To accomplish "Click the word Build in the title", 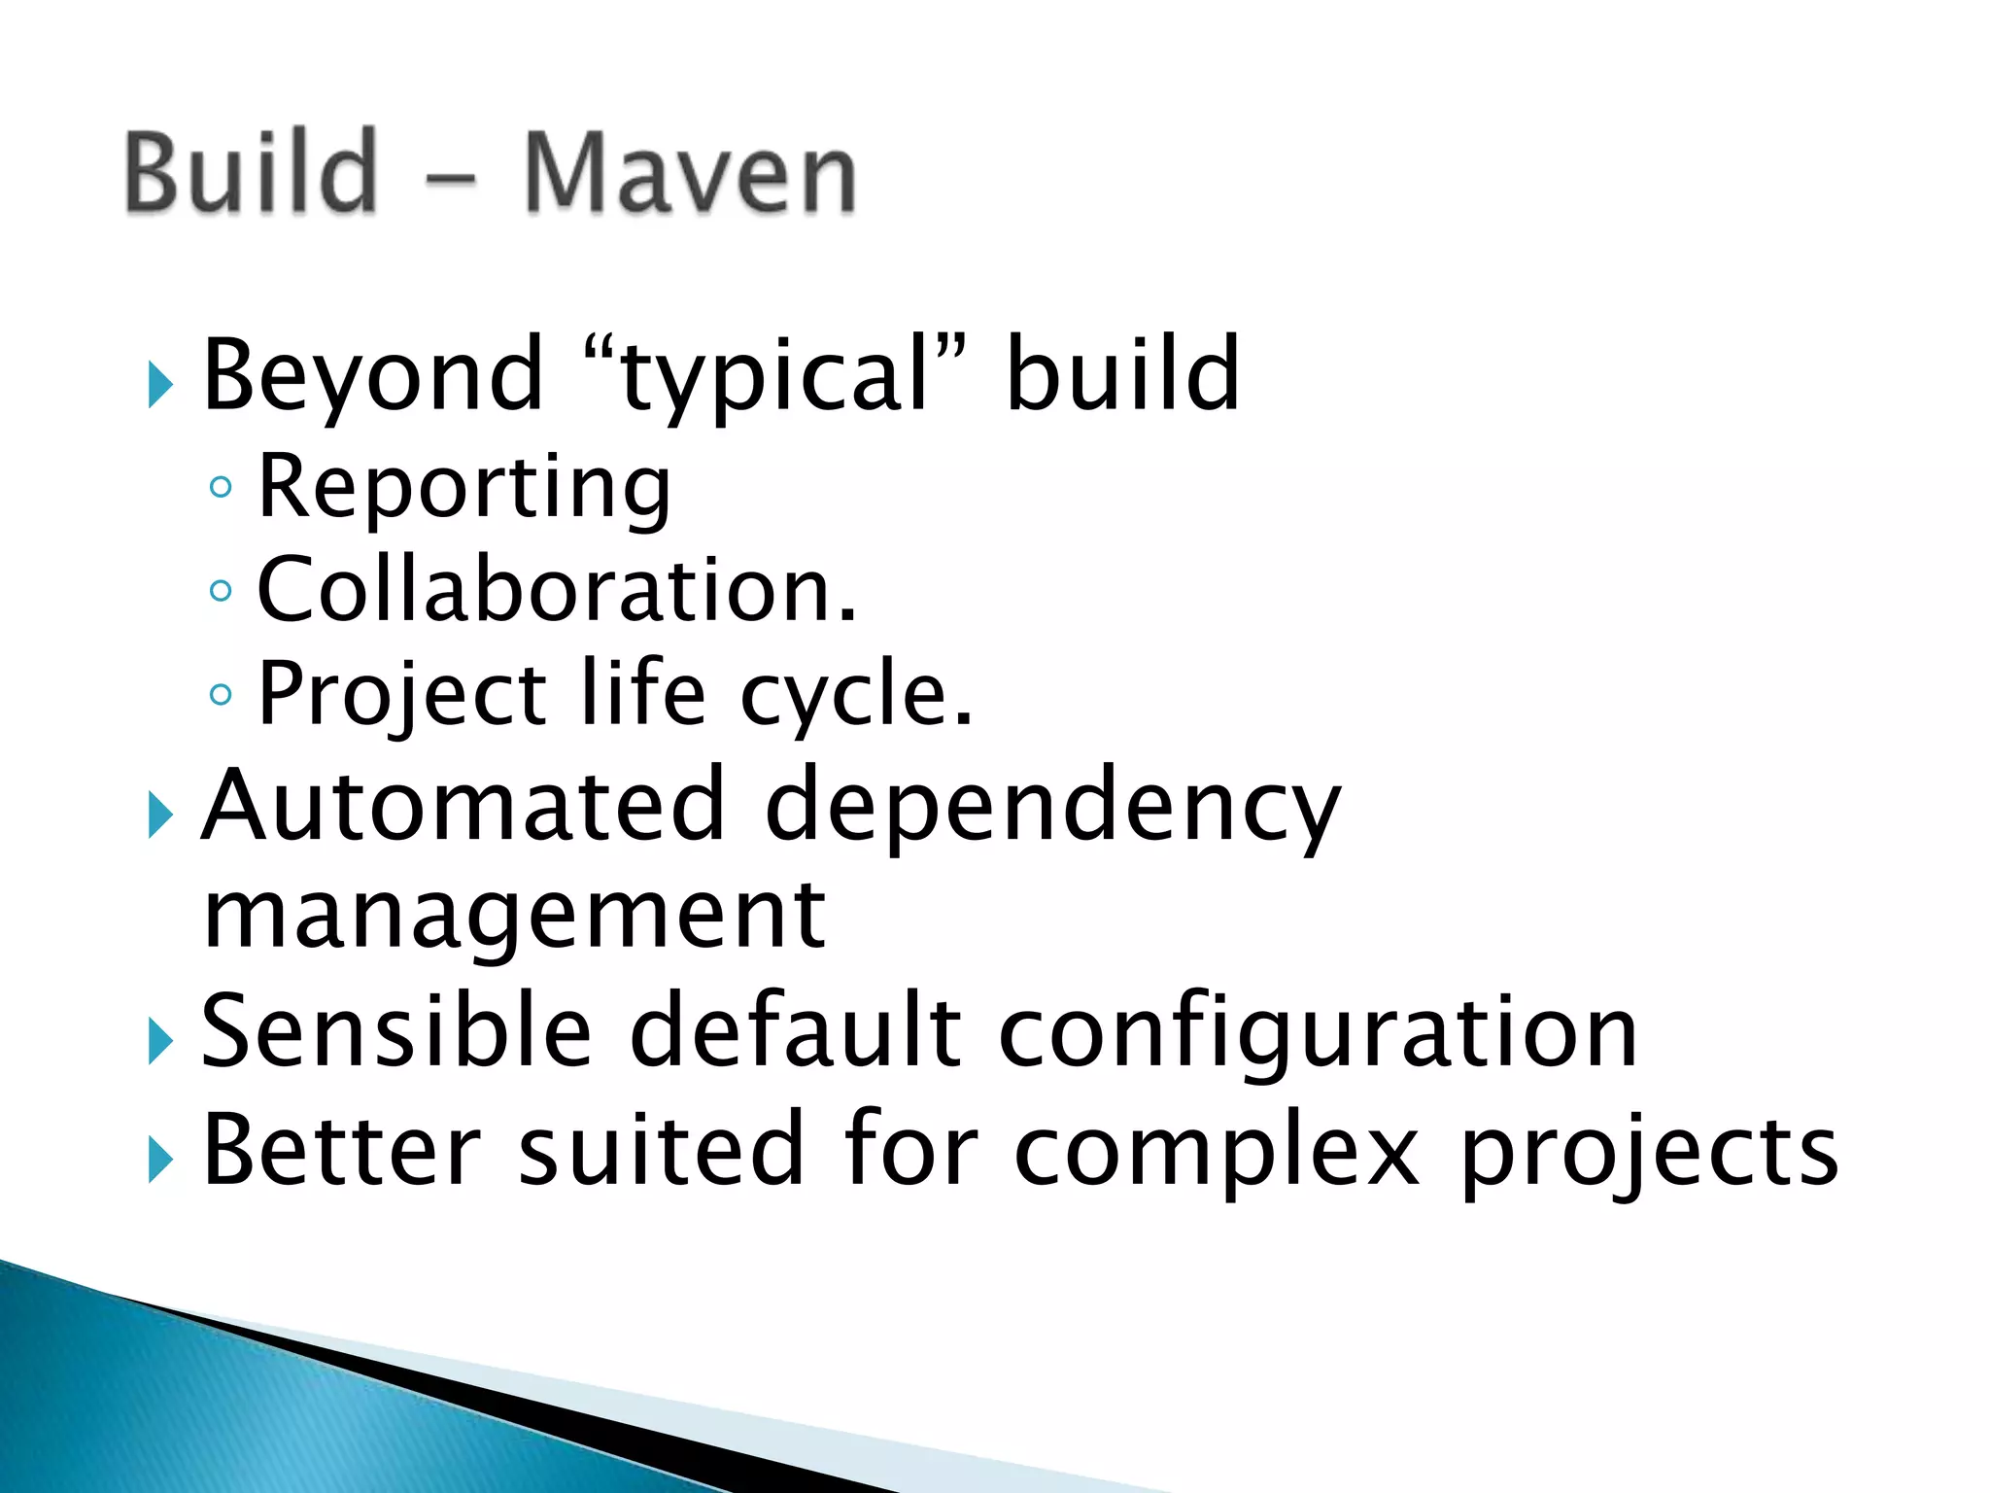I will click(x=251, y=173).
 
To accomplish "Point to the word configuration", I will click(x=1318, y=1034).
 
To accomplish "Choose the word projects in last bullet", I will click(x=1649, y=1155).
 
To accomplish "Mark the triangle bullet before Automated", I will click(x=160, y=815).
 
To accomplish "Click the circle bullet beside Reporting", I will click(x=222, y=486).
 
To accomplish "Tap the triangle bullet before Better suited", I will click(x=160, y=1160).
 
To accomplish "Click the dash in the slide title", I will click(x=451, y=179).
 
